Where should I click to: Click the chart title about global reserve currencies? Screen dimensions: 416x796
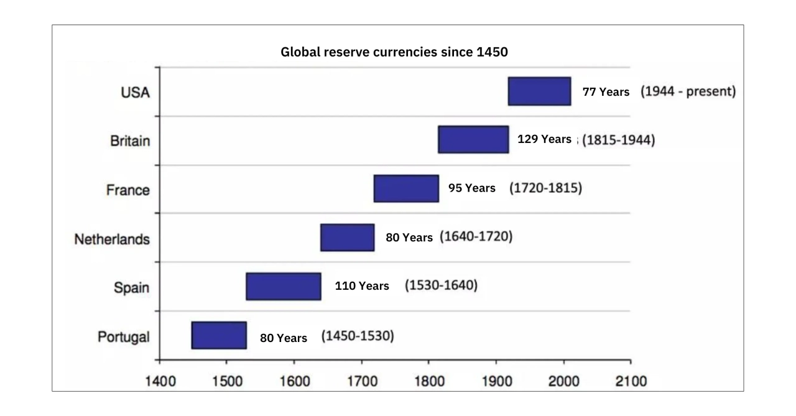point(394,52)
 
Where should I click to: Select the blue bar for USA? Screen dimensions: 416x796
point(539,91)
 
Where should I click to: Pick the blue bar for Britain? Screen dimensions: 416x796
point(473,139)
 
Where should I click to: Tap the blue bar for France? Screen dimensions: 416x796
point(406,188)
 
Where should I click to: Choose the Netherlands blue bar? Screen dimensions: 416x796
point(347,238)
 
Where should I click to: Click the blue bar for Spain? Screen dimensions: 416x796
point(284,286)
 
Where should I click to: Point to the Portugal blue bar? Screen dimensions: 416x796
point(219,335)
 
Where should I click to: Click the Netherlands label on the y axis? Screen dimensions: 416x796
point(112,239)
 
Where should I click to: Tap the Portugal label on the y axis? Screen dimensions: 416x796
point(124,337)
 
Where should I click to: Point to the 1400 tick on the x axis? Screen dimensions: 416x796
point(160,381)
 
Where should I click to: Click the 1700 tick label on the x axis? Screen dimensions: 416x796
point(361,381)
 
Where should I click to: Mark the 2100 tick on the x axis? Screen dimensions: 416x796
point(631,381)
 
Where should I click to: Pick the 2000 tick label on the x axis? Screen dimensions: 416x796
point(563,381)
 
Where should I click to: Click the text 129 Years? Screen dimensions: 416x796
point(544,139)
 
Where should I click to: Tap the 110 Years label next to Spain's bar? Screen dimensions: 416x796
point(362,286)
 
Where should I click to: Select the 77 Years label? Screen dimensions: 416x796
point(606,92)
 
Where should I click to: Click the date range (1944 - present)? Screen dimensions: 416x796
point(688,91)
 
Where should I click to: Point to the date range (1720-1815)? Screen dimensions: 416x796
point(545,188)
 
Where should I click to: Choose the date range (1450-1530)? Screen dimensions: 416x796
point(358,336)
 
